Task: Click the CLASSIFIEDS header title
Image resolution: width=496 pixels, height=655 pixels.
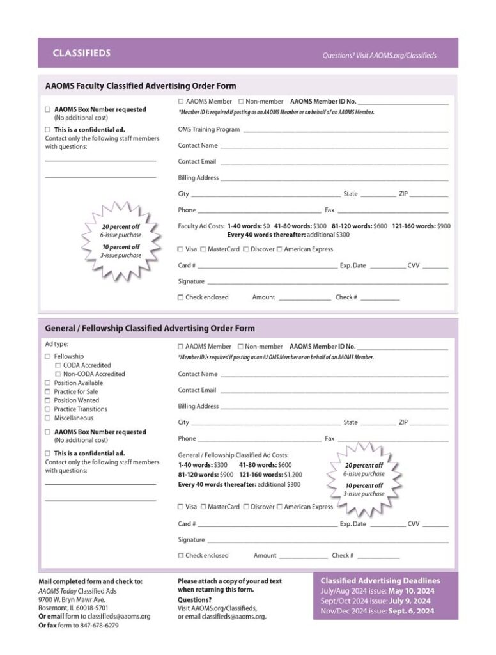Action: click(x=82, y=53)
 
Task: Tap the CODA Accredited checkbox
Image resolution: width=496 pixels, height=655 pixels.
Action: click(x=58, y=365)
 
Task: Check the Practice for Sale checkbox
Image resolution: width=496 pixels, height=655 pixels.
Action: click(x=47, y=391)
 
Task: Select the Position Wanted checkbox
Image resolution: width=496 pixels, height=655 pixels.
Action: click(x=47, y=400)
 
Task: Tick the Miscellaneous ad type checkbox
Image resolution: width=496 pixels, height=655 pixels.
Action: click(x=47, y=418)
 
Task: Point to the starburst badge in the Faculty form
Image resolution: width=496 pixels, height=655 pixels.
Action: click(x=121, y=241)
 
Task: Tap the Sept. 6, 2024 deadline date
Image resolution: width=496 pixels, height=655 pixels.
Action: click(x=412, y=611)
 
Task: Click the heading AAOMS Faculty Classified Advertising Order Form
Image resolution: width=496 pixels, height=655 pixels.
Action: click(x=141, y=86)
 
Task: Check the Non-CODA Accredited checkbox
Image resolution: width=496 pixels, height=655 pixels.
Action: click(x=58, y=374)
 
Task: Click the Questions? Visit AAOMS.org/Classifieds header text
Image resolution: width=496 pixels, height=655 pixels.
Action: click(x=380, y=56)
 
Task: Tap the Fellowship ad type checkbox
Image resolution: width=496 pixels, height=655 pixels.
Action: click(x=47, y=356)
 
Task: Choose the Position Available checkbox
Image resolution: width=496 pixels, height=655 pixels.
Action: click(x=47, y=383)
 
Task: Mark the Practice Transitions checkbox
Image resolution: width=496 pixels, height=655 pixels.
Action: click(x=47, y=409)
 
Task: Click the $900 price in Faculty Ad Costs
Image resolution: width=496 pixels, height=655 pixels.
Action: click(x=444, y=226)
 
